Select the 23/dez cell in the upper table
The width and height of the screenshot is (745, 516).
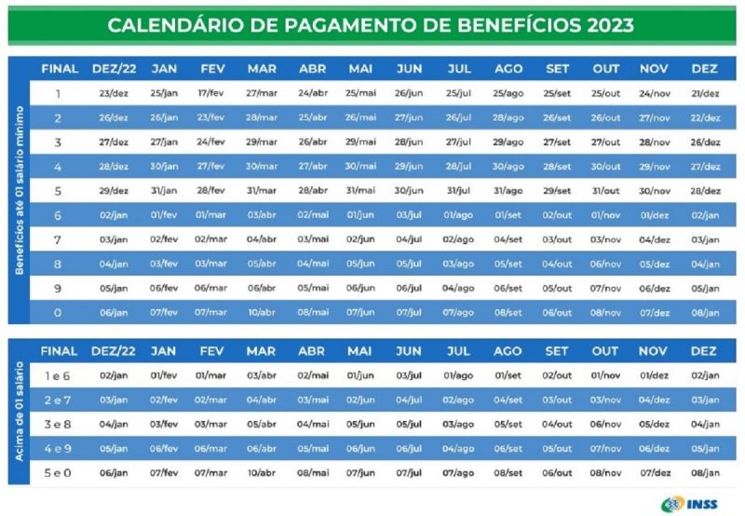click(114, 93)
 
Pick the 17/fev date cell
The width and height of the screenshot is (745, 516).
click(211, 93)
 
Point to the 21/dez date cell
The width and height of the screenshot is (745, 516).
click(705, 93)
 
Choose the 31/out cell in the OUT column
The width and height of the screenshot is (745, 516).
click(605, 191)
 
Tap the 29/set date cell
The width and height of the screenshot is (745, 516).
click(557, 191)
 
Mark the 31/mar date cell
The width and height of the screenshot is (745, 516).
click(262, 191)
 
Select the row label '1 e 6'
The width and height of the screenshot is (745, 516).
click(58, 375)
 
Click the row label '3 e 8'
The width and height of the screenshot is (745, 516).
click(58, 424)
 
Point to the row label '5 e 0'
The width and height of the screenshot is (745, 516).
click(58, 472)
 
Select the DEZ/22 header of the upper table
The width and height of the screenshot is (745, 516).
click(114, 69)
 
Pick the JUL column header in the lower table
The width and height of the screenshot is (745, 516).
click(459, 351)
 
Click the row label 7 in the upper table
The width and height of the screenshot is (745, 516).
click(58, 239)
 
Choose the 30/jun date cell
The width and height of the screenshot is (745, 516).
click(409, 191)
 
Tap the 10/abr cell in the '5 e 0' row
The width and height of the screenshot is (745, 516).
click(262, 472)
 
